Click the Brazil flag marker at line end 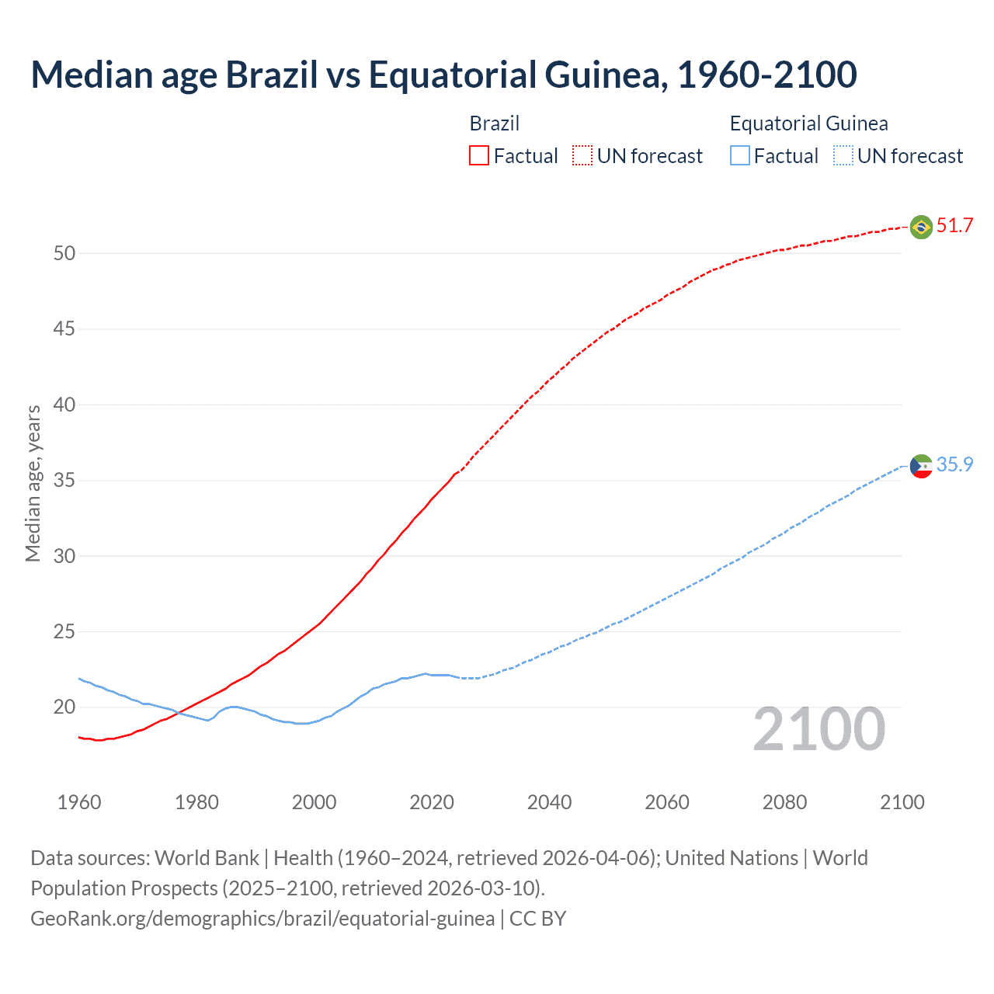pyautogui.click(x=921, y=227)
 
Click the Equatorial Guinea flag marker pyautogui.click(x=921, y=466)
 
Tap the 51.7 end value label pyautogui.click(x=954, y=226)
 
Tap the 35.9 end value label pyautogui.click(x=954, y=464)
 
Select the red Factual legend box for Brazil pyautogui.click(x=479, y=156)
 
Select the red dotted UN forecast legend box pyautogui.click(x=582, y=156)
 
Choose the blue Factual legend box pyautogui.click(x=740, y=156)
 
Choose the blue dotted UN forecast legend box pyautogui.click(x=843, y=156)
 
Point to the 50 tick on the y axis pyautogui.click(x=64, y=253)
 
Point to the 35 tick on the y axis pyautogui.click(x=64, y=481)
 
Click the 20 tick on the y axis pyautogui.click(x=64, y=707)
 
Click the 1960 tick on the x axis pyautogui.click(x=79, y=802)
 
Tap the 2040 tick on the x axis pyautogui.click(x=549, y=802)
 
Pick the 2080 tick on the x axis pyautogui.click(x=784, y=802)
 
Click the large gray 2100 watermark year pyautogui.click(x=818, y=729)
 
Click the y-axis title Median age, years pyautogui.click(x=33, y=483)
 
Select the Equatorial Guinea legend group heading pyautogui.click(x=808, y=123)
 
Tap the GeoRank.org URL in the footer pyautogui.click(x=262, y=918)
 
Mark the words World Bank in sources pyautogui.click(x=207, y=858)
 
